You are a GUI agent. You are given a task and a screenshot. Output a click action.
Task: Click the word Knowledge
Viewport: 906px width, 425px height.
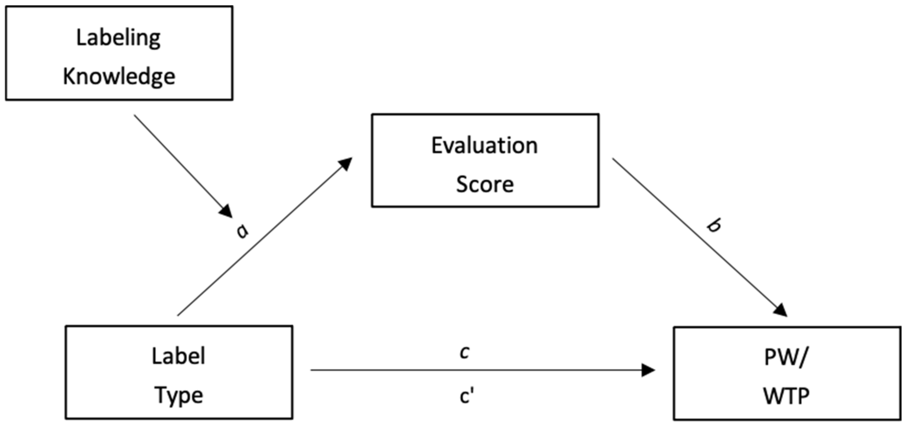119,77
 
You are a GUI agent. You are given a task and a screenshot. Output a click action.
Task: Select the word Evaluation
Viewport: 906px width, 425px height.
485,145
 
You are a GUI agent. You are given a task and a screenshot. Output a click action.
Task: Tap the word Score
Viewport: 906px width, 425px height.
485,184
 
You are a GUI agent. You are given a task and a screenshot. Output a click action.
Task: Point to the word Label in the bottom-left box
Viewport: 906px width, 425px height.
178,356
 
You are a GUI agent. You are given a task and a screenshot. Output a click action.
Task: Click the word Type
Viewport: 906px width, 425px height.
179,396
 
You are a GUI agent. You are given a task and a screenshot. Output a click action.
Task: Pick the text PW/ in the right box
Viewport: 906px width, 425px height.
786,358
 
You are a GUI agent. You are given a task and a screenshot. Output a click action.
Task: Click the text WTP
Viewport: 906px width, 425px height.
786,396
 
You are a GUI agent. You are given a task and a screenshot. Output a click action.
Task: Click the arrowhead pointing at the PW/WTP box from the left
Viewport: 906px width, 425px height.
648,370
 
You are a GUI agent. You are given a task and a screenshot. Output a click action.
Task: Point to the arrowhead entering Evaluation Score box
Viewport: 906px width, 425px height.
346,164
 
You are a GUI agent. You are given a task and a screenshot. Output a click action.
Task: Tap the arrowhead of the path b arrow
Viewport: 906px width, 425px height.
781,310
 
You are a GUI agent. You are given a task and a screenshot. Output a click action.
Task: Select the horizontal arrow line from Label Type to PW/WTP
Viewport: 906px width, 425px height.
475,370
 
